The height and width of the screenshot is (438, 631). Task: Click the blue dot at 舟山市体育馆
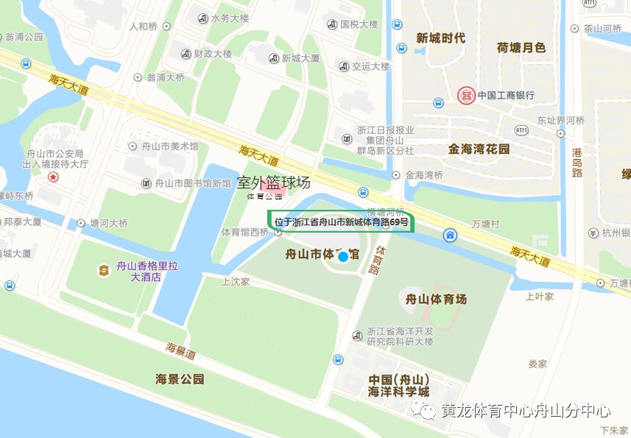342,256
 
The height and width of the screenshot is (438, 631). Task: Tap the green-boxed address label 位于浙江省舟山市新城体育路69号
341,222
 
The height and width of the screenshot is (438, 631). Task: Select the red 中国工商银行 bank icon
465,95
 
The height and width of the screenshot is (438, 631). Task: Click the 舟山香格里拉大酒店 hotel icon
104,270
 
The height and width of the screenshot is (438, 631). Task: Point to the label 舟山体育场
437,300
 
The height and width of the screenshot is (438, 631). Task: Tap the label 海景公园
179,380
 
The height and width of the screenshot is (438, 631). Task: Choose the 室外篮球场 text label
273,183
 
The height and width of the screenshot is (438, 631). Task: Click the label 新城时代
440,38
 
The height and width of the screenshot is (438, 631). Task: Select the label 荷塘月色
521,47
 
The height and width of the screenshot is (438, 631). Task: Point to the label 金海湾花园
479,149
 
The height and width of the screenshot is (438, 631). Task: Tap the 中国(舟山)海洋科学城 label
398,385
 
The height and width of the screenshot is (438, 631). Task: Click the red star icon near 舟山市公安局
53,177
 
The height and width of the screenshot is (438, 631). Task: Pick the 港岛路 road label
577,163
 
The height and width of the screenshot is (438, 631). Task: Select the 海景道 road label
180,351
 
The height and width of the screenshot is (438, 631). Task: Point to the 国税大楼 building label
359,24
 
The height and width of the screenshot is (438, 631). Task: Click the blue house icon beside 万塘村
450,235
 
